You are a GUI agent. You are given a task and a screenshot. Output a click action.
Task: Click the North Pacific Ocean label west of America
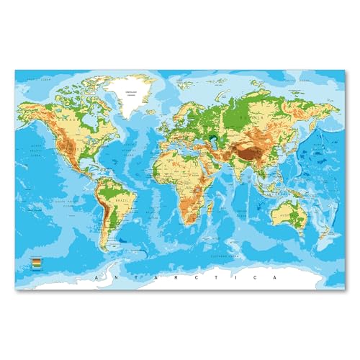40,153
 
